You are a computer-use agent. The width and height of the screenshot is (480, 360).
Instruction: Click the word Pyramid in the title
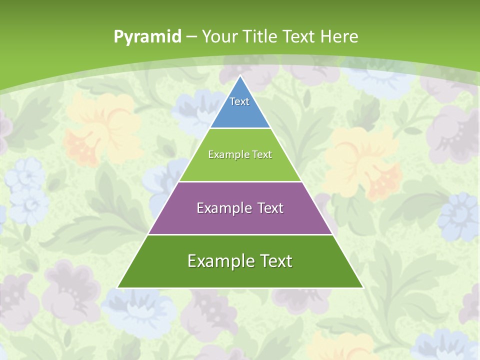[x=147, y=37]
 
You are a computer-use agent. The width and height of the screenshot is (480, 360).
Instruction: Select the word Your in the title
[x=219, y=36]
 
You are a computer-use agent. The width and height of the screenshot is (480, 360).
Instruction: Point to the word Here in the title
[x=339, y=36]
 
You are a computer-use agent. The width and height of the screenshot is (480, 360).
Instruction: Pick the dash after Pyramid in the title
[x=191, y=37]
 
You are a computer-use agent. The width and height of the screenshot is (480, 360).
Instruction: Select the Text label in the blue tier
[x=239, y=101]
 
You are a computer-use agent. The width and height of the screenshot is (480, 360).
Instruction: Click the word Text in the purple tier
[x=268, y=208]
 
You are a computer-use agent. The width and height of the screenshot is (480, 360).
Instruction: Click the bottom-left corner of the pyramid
[x=117, y=287]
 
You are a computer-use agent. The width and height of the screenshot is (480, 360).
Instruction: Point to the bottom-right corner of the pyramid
[x=363, y=287]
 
